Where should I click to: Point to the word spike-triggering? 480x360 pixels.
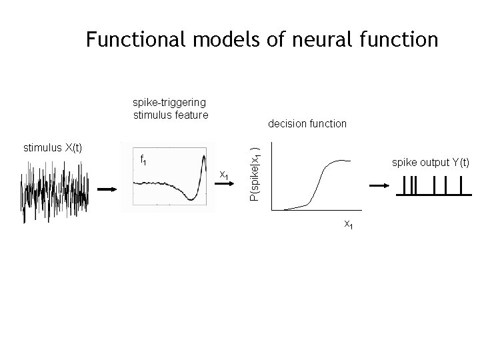click(169, 102)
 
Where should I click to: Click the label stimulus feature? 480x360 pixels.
click(171, 114)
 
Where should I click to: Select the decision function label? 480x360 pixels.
click(307, 123)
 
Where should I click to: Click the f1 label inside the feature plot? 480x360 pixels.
click(143, 160)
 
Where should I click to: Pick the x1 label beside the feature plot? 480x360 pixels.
click(225, 175)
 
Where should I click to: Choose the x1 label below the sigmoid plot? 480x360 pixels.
click(348, 225)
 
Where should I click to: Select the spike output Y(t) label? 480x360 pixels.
click(431, 163)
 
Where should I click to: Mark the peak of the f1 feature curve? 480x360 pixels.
click(203, 156)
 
